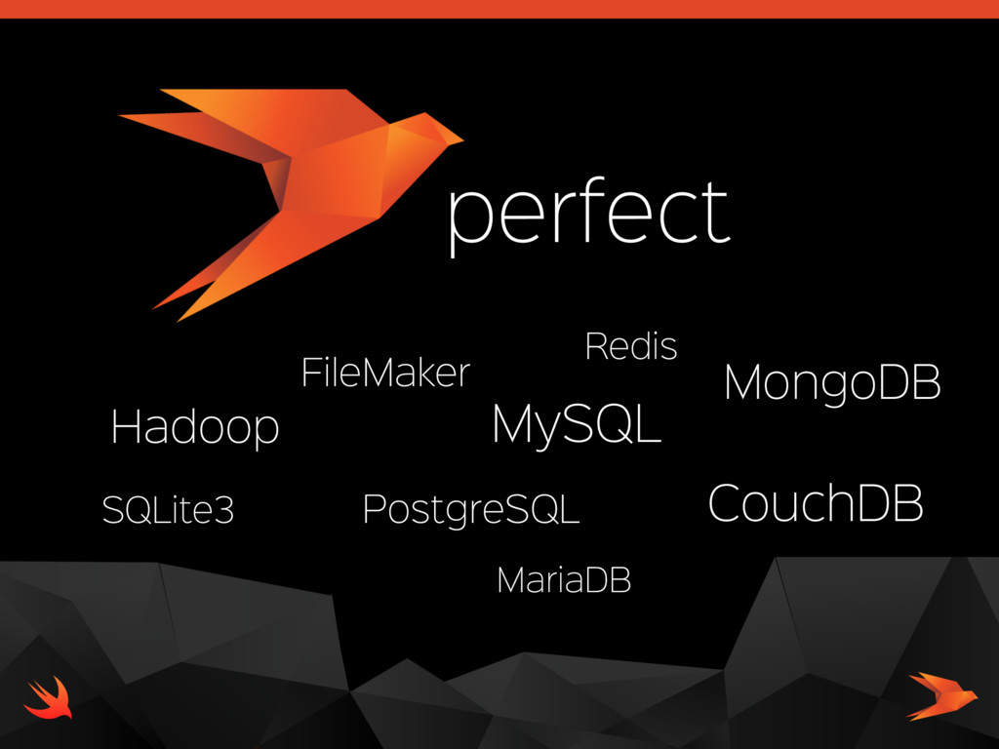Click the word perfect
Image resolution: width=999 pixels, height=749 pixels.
click(588, 214)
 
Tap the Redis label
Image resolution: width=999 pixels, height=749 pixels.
click(630, 346)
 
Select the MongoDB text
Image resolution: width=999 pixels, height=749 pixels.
click(832, 383)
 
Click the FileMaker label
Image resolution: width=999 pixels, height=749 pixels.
click(385, 373)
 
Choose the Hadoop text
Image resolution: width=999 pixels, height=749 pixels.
click(195, 427)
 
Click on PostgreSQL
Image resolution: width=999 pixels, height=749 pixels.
click(470, 509)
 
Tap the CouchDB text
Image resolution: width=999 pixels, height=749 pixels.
click(815, 503)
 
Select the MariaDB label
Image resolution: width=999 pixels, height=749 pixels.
click(564, 580)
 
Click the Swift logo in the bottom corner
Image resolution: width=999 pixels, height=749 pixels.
click(47, 697)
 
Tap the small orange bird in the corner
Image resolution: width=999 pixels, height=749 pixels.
click(941, 694)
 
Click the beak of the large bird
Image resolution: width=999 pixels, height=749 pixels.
click(454, 138)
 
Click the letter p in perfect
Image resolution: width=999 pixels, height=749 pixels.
click(465, 219)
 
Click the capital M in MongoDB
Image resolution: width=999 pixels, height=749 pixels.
click(742, 383)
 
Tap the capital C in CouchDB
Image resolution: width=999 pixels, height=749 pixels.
click(724, 503)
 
